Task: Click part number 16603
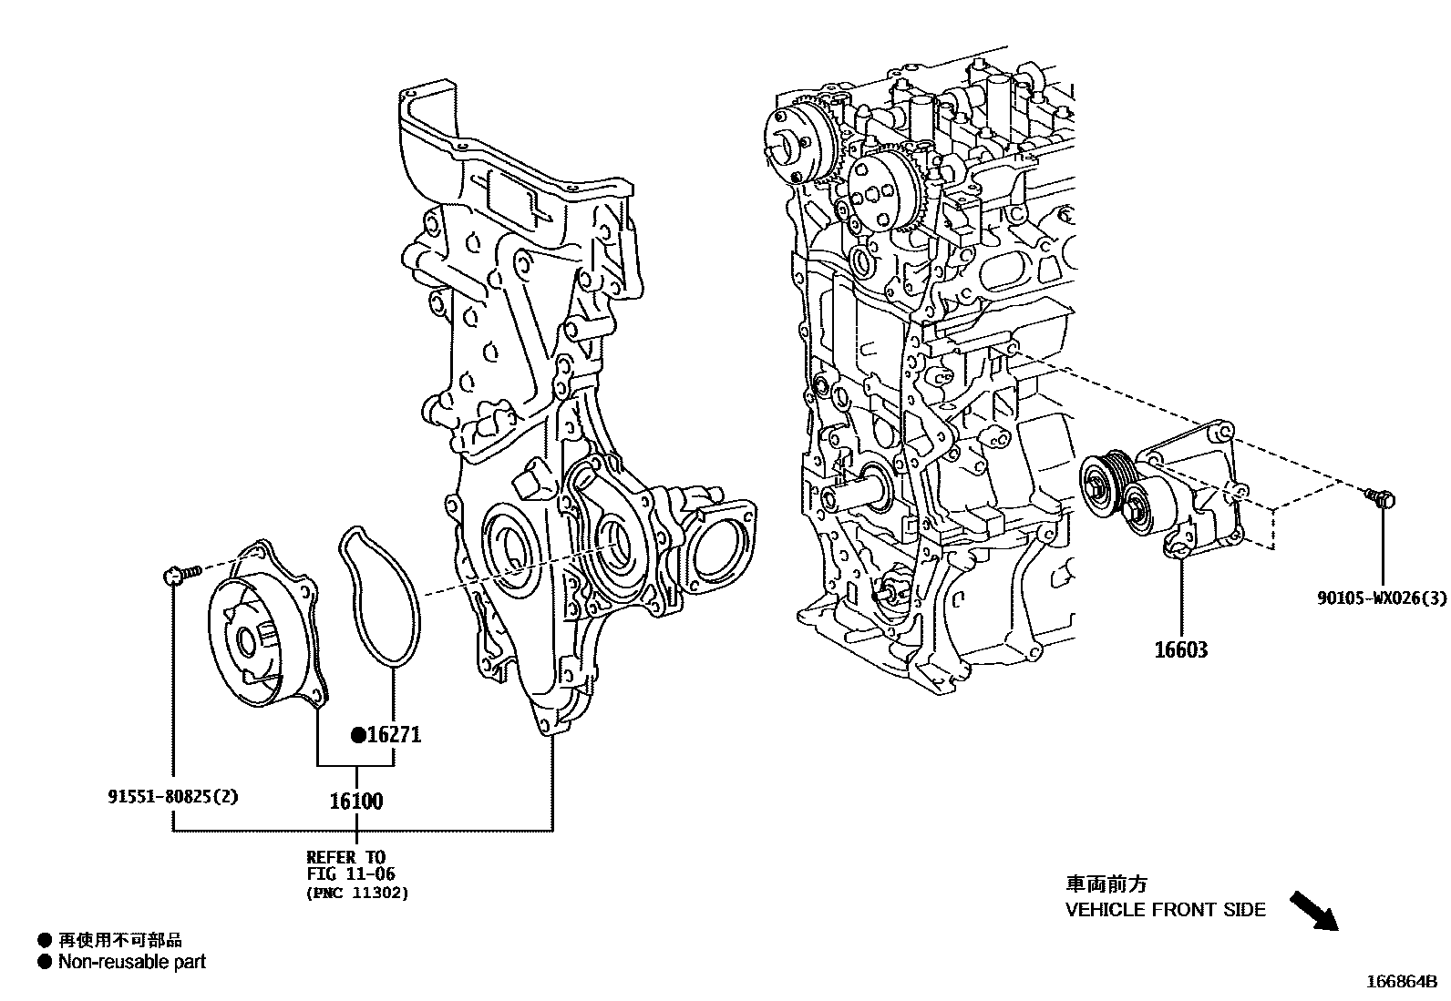[x=1180, y=650]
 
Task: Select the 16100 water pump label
[x=355, y=802]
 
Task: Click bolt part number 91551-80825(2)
[x=172, y=797]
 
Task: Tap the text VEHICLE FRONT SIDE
[x=1165, y=909]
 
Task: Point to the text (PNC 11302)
[x=357, y=894]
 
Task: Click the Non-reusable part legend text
[x=132, y=962]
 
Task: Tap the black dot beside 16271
[x=358, y=734]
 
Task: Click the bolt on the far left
[x=180, y=573]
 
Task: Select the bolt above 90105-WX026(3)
[x=1381, y=497]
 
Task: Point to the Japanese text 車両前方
[x=1106, y=884]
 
